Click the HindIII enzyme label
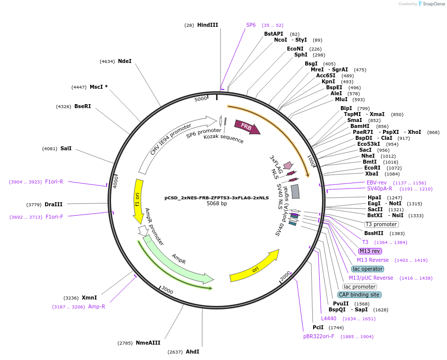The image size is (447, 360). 207,25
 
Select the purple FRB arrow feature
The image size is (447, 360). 247,127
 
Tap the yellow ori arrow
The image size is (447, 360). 254,265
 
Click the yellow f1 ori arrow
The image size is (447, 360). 138,201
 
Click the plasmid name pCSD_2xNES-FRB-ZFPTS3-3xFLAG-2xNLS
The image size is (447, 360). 217,197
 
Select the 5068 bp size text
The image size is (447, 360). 217,203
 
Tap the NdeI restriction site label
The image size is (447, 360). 125,61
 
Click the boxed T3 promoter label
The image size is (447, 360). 381,224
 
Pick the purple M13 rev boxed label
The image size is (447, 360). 370,251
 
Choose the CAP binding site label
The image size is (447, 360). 359,295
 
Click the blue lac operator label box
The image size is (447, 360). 367,269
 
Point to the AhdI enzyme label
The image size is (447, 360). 192,352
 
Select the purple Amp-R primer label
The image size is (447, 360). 97,306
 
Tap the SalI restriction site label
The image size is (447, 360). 66,148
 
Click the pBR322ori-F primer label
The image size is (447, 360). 319,336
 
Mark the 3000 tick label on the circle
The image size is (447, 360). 167,291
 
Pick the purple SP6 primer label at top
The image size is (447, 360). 251,25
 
